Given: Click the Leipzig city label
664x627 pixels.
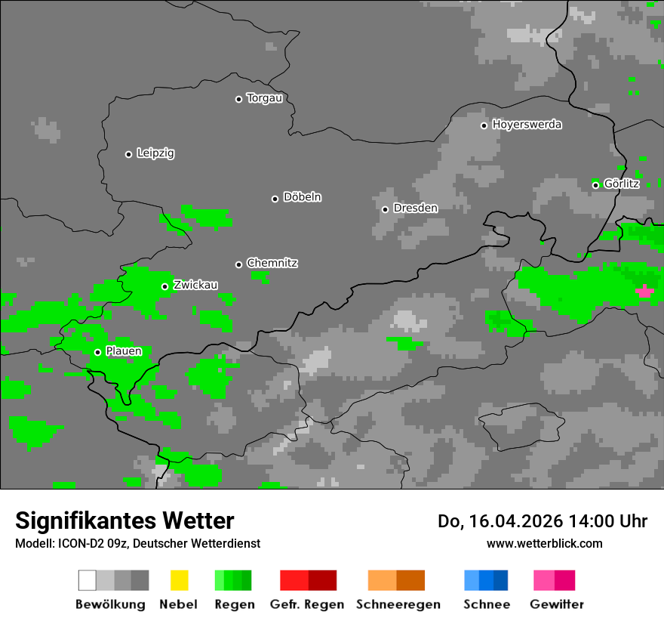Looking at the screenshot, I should [155, 153].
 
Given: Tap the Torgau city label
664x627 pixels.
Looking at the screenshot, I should [264, 98].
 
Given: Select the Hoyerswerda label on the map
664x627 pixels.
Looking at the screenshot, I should [527, 125].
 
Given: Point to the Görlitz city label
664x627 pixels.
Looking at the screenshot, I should [622, 184].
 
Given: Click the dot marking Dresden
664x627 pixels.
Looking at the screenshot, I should [385, 209].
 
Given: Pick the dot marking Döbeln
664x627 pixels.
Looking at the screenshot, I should [275, 199].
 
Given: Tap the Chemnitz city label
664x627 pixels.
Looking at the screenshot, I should [272, 264].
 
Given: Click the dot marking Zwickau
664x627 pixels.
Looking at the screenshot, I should [164, 286].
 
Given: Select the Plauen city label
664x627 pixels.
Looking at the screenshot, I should [123, 351].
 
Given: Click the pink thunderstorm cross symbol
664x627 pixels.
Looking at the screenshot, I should [644, 291].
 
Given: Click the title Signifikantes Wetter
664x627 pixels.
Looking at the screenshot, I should [124, 521].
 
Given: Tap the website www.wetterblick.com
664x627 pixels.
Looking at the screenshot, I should [544, 543].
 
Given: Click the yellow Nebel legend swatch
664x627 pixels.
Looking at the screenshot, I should [179, 580].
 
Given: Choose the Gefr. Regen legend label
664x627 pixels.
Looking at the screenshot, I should [307, 604].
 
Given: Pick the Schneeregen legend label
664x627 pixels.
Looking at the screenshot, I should [398, 604].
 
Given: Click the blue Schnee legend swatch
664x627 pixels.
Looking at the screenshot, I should [486, 580].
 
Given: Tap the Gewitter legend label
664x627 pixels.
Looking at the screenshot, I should [557, 604].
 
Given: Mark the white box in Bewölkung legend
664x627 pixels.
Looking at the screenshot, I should [88, 580].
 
